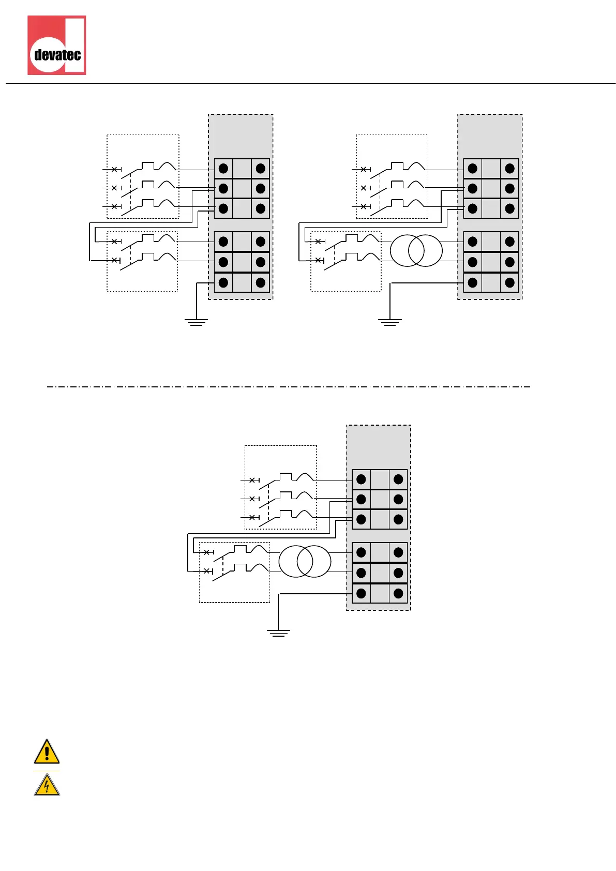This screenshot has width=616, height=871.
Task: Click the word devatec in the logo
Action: [x=57, y=54]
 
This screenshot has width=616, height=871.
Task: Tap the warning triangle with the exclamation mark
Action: [x=47, y=752]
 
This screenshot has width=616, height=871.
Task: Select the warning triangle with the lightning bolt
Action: [x=47, y=785]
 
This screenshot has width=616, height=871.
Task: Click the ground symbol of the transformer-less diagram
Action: [x=196, y=322]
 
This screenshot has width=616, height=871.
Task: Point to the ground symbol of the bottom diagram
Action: [x=278, y=633]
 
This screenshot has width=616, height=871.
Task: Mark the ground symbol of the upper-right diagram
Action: [x=389, y=322]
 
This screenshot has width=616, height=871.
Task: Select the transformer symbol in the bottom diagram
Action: [x=304, y=562]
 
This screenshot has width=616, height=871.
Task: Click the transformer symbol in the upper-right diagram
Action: [x=416, y=251]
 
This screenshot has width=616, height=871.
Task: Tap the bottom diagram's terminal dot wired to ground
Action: [x=361, y=593]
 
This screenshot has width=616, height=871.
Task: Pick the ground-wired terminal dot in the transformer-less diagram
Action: [x=223, y=282]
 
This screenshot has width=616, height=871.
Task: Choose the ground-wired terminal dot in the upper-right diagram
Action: [x=472, y=282]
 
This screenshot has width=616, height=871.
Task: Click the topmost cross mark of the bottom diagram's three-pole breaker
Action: [x=252, y=480]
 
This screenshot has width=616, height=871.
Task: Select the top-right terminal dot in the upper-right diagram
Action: [x=509, y=169]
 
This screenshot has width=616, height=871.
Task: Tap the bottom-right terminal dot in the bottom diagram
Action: [x=398, y=593]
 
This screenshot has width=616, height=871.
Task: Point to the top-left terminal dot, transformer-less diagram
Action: [x=223, y=169]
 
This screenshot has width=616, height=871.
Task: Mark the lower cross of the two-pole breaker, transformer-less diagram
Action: [x=114, y=260]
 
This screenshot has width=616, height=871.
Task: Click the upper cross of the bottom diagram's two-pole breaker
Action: [x=207, y=552]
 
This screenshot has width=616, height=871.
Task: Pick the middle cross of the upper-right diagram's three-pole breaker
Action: [x=364, y=188]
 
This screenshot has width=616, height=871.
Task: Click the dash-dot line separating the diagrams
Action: [x=289, y=386]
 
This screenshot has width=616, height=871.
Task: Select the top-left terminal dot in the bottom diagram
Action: [x=361, y=479]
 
